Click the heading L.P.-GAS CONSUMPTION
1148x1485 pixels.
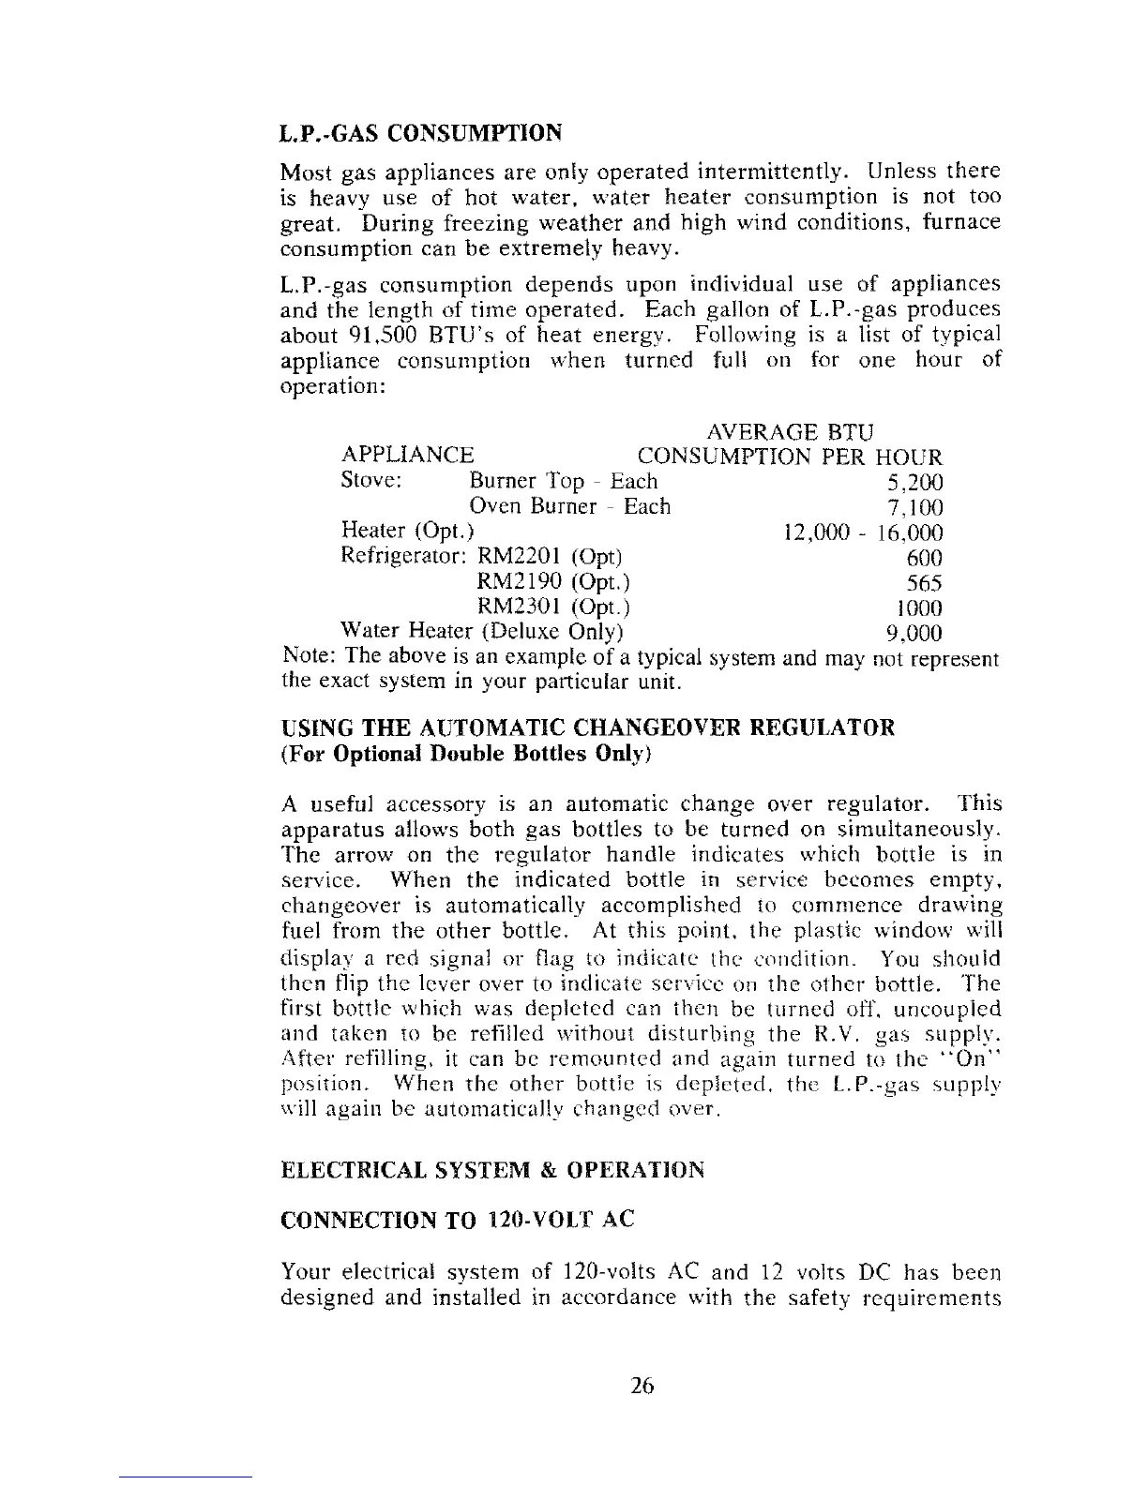click(x=421, y=131)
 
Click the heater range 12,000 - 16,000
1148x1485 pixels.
click(x=862, y=533)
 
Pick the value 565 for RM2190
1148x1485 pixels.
click(x=924, y=583)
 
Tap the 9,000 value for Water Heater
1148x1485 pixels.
click(x=914, y=634)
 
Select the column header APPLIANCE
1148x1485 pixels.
click(x=408, y=457)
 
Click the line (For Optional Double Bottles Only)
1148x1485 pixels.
click(x=466, y=754)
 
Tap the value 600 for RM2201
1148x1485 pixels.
click(x=924, y=559)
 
